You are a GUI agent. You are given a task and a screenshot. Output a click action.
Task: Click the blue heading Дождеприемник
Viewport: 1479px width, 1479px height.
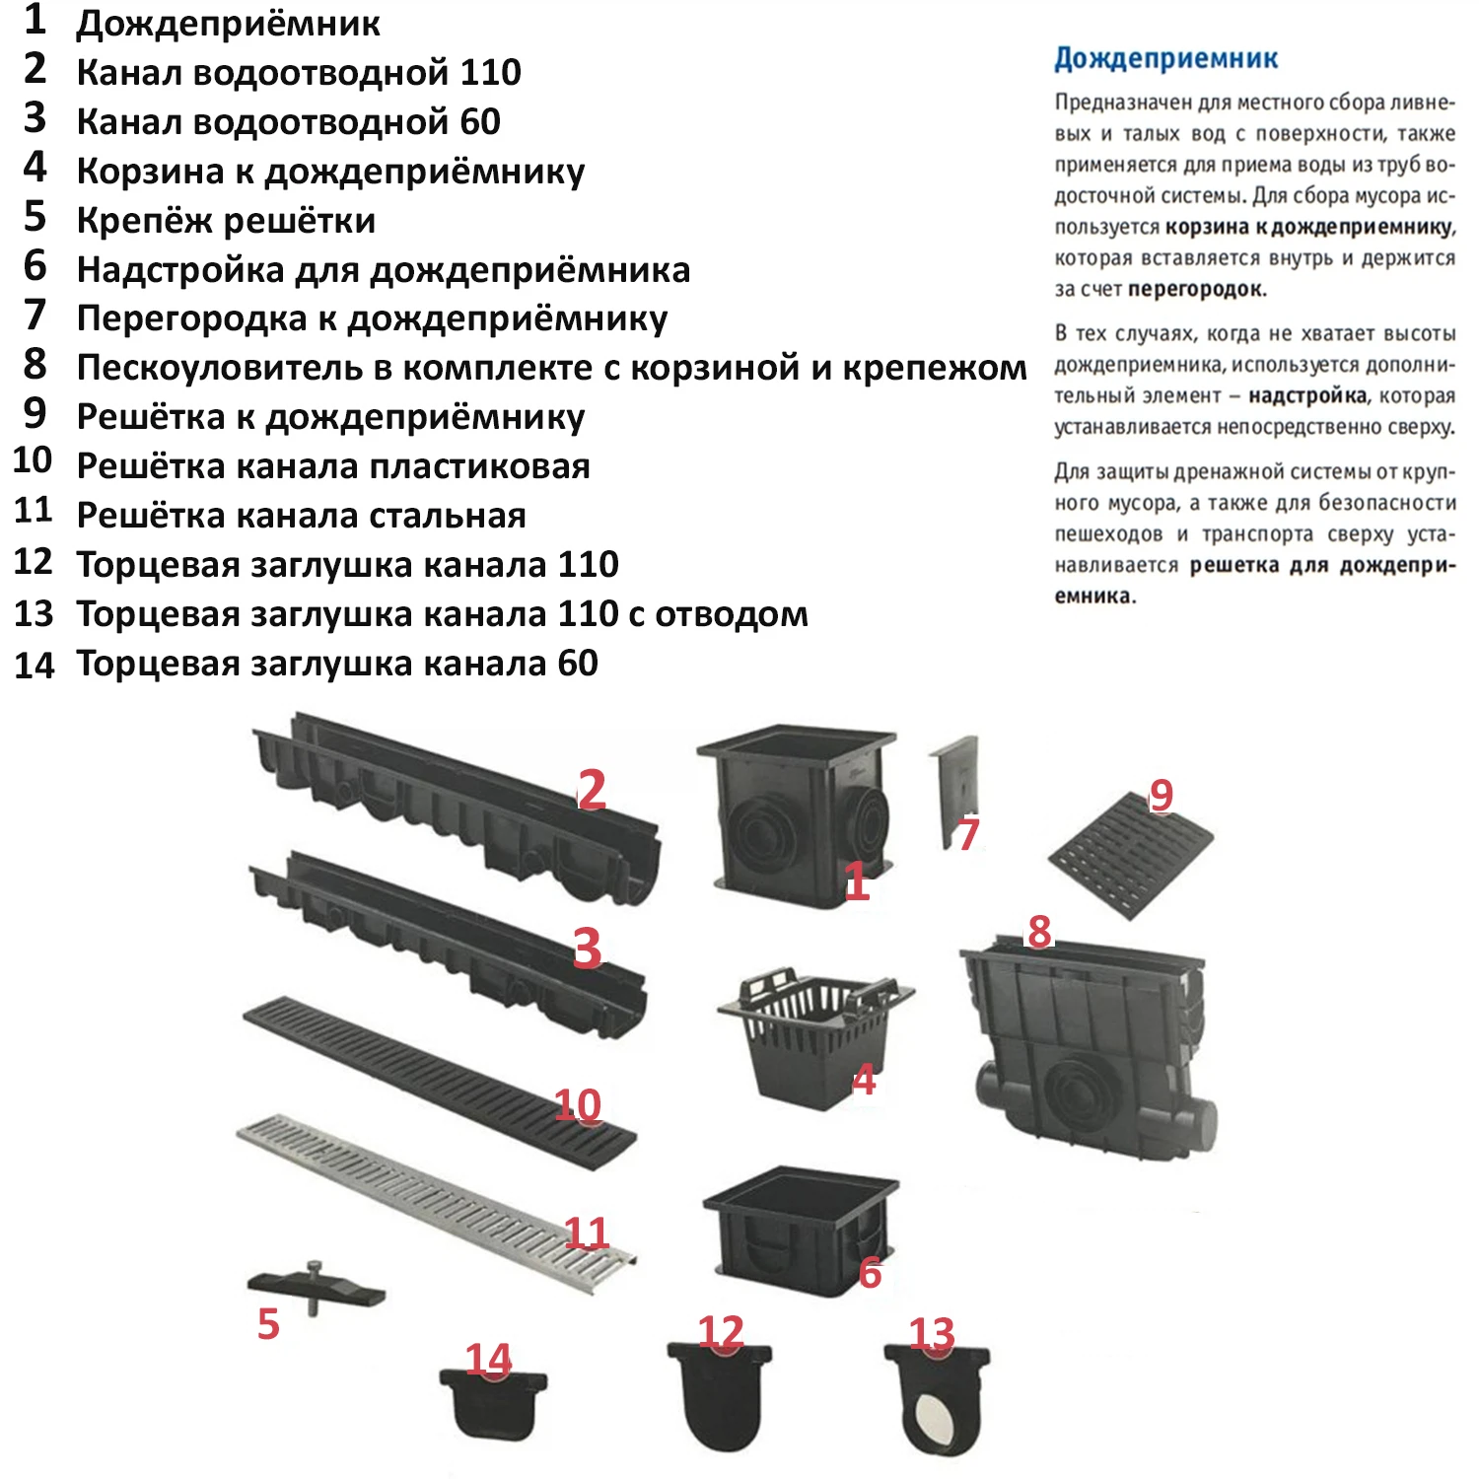point(1165,59)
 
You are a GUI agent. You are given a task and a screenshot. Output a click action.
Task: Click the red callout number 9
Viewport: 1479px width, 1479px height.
point(1162,795)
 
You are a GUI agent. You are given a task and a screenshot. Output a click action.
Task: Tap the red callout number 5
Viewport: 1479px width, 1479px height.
point(268,1324)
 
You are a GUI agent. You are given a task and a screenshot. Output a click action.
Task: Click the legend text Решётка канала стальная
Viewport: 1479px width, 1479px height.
point(301,516)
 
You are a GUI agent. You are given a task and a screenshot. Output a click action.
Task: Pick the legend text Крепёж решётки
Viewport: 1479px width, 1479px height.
point(226,220)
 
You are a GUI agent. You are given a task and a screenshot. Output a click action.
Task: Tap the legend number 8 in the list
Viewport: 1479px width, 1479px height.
point(35,365)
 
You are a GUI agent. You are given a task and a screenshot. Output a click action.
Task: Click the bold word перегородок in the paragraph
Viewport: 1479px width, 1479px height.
point(1197,290)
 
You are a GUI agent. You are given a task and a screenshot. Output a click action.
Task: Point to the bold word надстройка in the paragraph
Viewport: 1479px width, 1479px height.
point(1306,396)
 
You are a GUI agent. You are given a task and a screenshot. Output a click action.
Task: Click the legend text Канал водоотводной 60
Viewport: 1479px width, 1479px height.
point(288,121)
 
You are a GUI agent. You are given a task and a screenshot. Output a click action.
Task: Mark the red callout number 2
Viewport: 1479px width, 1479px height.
point(591,790)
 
